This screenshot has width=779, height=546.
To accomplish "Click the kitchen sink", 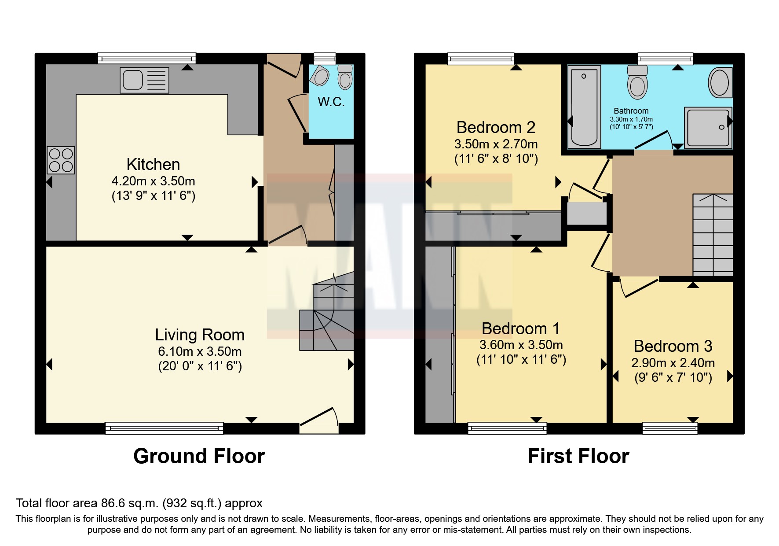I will [x=144, y=80].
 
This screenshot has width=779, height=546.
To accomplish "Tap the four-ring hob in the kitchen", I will [x=61, y=160].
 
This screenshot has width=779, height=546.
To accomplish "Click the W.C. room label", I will [x=331, y=102].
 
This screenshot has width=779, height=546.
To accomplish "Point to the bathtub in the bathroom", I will [x=584, y=107].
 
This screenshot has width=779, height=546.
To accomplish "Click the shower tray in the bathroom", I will [x=708, y=127].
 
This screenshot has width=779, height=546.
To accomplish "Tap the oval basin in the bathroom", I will [x=720, y=82].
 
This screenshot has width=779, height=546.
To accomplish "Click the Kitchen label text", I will [x=153, y=164].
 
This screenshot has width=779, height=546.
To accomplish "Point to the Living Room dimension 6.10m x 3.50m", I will [x=200, y=351].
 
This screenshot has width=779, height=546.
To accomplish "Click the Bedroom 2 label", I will [x=496, y=127].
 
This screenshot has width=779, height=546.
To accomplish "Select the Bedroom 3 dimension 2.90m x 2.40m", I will [x=673, y=363].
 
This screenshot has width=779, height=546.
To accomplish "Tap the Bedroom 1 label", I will [x=520, y=328].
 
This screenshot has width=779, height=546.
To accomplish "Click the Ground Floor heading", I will [x=199, y=456].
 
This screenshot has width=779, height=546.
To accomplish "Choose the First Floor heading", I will [x=578, y=456].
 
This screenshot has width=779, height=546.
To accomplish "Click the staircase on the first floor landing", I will [x=713, y=235].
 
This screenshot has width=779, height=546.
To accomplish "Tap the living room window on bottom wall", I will [x=164, y=428].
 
